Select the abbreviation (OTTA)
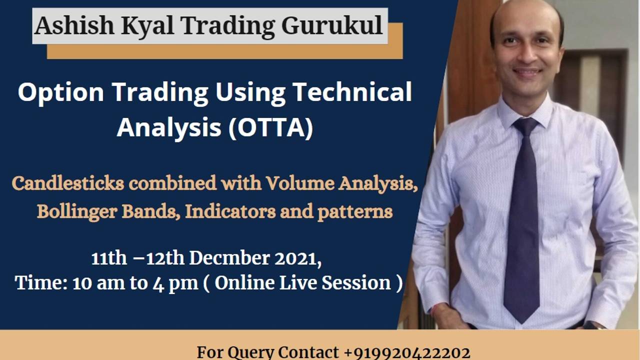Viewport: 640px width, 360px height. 270,127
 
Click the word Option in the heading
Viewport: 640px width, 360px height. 61,92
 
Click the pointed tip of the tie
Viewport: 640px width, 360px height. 521,320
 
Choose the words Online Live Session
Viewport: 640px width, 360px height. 304,283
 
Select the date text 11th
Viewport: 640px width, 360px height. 109,258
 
